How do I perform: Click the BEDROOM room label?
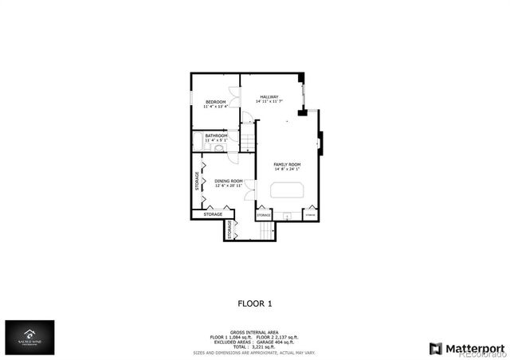[216, 102]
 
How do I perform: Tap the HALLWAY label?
[268, 97]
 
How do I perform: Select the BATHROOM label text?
[217, 136]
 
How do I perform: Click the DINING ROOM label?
[229, 181]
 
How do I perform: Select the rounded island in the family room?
[288, 190]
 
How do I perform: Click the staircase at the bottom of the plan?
[265, 229]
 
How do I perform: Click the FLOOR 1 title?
[255, 303]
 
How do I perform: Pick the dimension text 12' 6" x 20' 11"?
[229, 186]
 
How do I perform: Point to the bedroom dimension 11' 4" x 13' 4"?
[216, 107]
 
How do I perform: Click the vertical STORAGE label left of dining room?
[197, 182]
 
